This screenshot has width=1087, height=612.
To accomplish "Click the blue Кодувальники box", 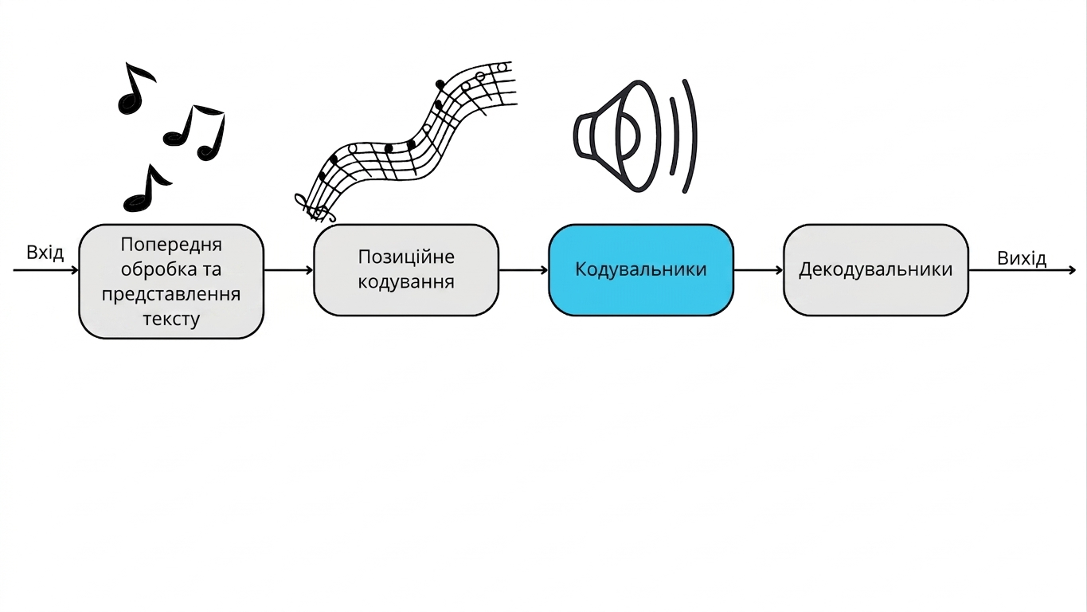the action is coord(641,270).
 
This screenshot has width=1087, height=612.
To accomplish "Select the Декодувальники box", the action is coord(876,270).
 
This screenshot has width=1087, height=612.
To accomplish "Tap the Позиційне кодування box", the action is coord(406,270).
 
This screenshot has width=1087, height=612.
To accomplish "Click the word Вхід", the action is coord(45,253).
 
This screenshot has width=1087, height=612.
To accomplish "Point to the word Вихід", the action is coord(1022,258).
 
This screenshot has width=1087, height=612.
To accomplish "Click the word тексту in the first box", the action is coord(171,319).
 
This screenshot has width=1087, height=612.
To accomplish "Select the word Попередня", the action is coord(171,245).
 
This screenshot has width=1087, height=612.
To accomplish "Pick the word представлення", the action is coord(171,294).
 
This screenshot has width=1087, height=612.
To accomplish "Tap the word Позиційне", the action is coord(406,257).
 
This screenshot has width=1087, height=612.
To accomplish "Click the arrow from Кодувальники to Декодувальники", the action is coord(758,270).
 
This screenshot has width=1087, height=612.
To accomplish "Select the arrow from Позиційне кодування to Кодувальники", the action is coord(524,270).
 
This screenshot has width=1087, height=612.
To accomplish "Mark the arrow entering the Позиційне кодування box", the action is coord(289,270).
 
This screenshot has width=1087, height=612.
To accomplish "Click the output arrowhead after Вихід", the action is coord(1073,270).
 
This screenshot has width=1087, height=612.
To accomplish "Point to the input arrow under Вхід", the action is coord(45,270).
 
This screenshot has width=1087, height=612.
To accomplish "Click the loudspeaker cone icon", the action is coord(618,136).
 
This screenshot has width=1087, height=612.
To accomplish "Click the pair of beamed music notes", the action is coord(195,133).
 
